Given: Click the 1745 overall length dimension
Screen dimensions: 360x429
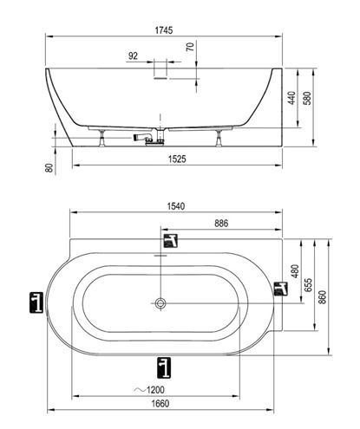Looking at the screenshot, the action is point(164,30).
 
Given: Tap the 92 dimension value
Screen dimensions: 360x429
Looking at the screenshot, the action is point(133,55).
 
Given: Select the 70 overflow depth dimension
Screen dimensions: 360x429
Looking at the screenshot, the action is point(190,47).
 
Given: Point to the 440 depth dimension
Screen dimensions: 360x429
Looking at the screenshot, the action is point(291,98).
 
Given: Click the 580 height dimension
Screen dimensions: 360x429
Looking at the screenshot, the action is point(307,98).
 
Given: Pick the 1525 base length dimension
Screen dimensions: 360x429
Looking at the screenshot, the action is point(177,159).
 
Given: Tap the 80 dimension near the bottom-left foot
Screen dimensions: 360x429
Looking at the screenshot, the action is point(49,168).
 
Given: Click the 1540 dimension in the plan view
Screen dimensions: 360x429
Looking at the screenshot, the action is point(176,206).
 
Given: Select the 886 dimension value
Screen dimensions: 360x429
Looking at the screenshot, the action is point(221,223).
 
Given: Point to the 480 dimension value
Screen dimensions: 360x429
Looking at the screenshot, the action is point(295,271).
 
